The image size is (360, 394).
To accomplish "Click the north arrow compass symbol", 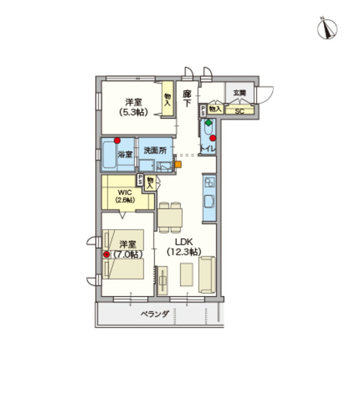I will tap(328, 27).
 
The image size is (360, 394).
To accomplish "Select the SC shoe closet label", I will tap(239, 111).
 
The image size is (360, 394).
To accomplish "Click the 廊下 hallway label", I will tap(187, 98).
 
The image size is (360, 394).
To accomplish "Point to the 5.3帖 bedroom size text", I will tap(134, 112).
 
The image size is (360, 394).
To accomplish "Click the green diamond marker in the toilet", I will tap(208, 123).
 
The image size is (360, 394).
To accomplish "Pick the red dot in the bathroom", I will tap(117, 140).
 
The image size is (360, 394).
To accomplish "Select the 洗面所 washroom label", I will tap(154, 150).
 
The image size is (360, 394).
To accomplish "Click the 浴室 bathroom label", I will tap(125, 154).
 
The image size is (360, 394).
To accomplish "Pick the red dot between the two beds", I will tap(106, 253).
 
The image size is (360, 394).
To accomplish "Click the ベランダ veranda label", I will tap(155, 314).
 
